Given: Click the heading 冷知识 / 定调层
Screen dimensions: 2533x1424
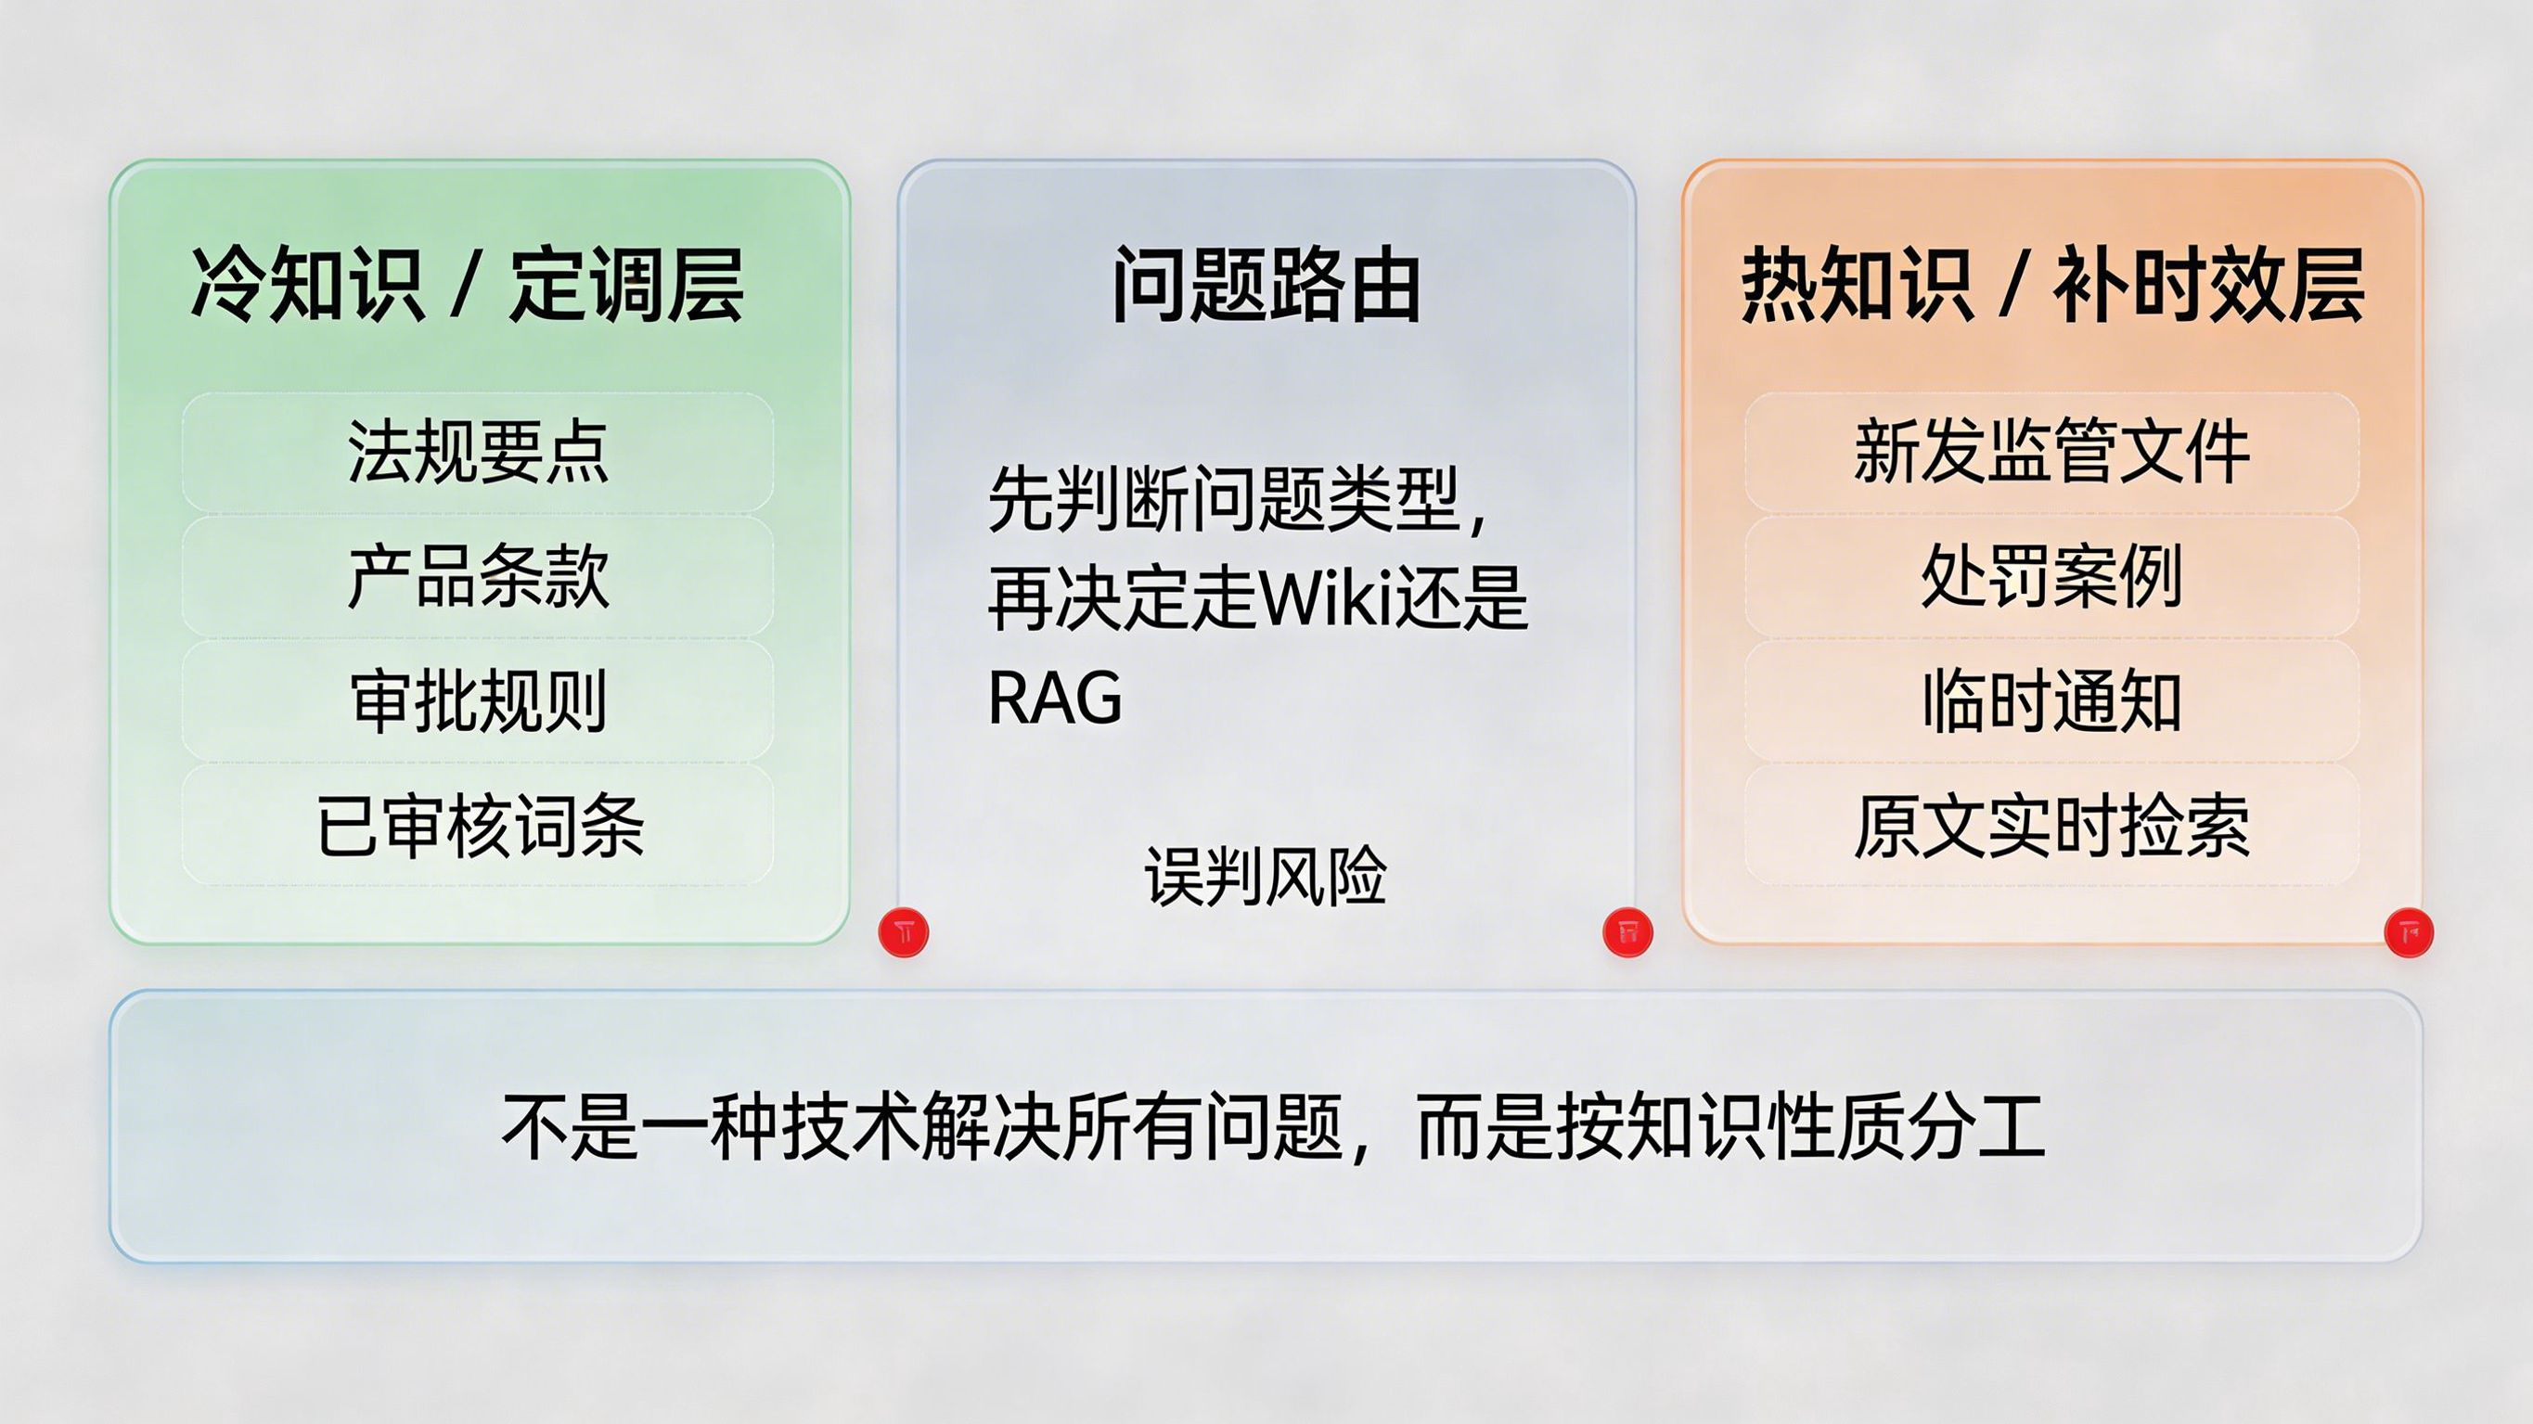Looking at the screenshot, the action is click(467, 284).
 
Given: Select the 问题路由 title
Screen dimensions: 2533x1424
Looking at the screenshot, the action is click(1266, 284).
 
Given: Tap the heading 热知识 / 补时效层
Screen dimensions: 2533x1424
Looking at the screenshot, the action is click(2052, 284).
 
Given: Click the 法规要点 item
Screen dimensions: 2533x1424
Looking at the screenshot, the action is click(478, 452).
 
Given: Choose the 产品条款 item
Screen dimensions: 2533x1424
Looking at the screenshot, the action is click(478, 576).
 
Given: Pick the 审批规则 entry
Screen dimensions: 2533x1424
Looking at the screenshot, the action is click(478, 701).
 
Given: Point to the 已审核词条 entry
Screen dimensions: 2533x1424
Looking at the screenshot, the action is click(480, 826).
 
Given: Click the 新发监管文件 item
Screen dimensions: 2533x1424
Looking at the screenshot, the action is click(2052, 452).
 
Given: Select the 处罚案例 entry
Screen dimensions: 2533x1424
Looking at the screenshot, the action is click(2052, 576).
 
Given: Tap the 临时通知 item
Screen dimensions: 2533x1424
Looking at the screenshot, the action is click(2052, 701).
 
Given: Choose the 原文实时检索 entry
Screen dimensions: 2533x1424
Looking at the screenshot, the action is click(2052, 826).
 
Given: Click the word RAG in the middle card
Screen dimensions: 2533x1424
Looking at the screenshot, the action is click(1055, 698).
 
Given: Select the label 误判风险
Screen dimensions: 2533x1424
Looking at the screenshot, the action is click(1266, 875).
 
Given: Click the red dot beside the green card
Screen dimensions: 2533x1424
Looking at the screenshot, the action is click(904, 931).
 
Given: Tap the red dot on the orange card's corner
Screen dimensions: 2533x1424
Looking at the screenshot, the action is click(2409, 931).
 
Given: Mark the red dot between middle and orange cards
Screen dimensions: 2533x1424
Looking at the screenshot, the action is click(1627, 931).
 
